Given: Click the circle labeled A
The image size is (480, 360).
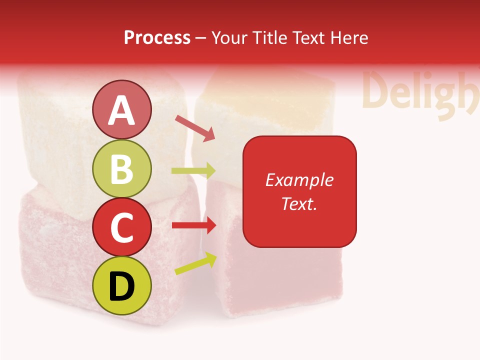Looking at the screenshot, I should point(122,109).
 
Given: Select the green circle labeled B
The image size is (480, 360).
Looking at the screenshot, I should point(122,168).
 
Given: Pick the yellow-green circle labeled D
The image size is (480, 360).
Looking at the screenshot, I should point(122,285).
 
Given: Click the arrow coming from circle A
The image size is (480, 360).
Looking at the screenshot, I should point(194,127).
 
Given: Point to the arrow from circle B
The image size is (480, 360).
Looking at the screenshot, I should point(193,170).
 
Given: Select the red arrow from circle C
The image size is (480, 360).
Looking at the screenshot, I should point(194,225).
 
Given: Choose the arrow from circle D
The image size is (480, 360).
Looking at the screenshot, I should point(195,263).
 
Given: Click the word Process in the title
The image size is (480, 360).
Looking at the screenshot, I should point(157,37).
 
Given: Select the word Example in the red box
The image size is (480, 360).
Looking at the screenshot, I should point(299,180).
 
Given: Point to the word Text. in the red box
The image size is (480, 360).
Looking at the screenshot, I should point(299,203).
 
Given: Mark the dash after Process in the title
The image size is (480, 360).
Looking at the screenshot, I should point(201,38).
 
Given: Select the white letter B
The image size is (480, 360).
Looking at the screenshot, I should point(122,169).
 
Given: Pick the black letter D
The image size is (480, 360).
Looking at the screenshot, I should point(122,286).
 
